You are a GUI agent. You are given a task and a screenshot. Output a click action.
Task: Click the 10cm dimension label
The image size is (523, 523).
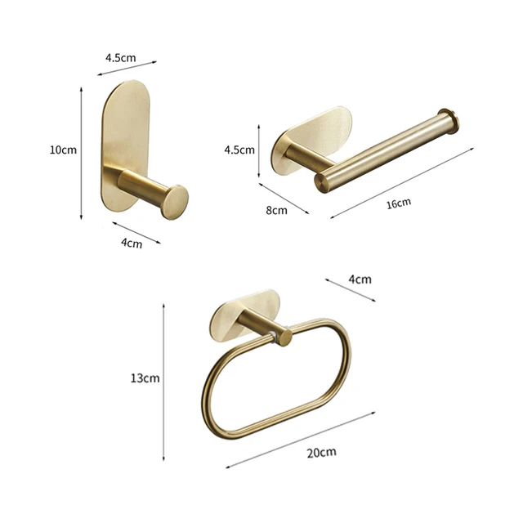(x=63, y=150)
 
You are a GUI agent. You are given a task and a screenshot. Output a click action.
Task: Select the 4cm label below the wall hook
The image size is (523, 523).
(x=131, y=243)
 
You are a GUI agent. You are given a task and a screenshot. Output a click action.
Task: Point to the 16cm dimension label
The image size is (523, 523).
(x=398, y=203)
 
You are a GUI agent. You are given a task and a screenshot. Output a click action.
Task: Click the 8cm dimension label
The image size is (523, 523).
(x=278, y=210)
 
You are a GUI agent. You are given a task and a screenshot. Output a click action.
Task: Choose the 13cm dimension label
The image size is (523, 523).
(x=145, y=378)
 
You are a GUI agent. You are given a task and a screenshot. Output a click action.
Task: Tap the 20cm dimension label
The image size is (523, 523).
(x=322, y=452)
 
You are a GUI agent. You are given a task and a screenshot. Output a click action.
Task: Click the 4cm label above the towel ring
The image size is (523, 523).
(x=360, y=279)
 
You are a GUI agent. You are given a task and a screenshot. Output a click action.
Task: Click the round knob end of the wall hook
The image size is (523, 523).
(x=176, y=200)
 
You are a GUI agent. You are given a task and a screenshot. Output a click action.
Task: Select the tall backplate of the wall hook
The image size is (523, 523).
(x=126, y=131)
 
